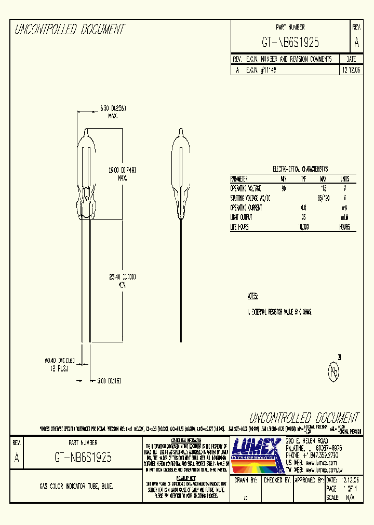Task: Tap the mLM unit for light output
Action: [x=344, y=217]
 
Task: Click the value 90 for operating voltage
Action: [x=284, y=188]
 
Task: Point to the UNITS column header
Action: [x=344, y=178]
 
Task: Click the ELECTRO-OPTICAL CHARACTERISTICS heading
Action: [x=300, y=169]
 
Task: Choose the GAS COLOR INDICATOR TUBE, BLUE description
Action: [x=76, y=487]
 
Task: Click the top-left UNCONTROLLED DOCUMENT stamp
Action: [x=70, y=30]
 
